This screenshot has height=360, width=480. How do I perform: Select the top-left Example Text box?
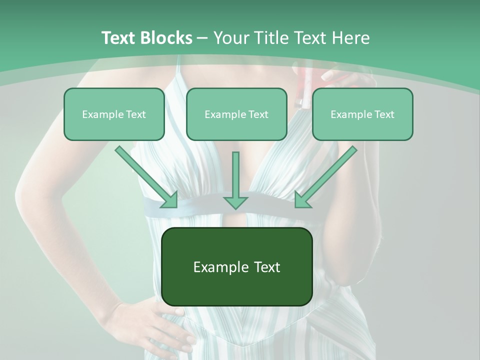pyautogui.click(x=114, y=114)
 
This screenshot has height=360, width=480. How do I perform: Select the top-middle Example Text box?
pyautogui.click(x=236, y=114)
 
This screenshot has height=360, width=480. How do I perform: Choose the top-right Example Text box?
pyautogui.click(x=362, y=114)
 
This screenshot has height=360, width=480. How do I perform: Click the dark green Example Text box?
pyautogui.click(x=236, y=266)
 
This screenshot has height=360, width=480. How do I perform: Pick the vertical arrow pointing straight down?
pyautogui.click(x=235, y=180)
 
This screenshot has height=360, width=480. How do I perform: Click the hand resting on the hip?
pyautogui.click(x=150, y=325)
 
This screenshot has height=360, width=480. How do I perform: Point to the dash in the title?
pyautogui.click(x=202, y=37)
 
